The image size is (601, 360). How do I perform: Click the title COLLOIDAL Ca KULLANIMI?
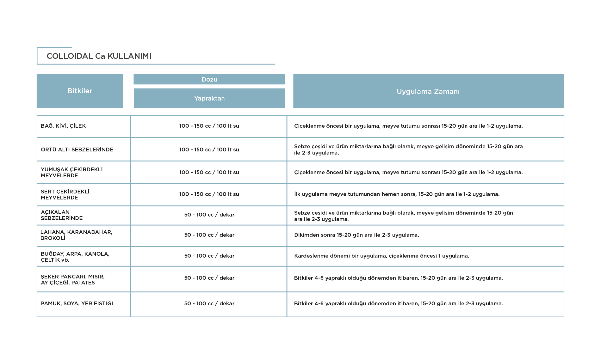(99, 56)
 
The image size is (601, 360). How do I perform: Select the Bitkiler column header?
(80, 91)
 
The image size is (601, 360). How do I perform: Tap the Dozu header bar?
(209, 79)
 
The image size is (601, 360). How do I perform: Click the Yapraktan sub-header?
(209, 98)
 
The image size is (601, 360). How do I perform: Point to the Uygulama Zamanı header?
(428, 91)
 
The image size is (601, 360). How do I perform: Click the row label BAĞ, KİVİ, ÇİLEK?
(63, 126)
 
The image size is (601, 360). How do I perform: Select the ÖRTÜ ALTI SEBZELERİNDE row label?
(77, 149)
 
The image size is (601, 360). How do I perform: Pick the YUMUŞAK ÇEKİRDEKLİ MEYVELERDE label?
(72, 172)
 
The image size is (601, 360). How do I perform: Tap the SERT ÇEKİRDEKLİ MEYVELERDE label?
(65, 194)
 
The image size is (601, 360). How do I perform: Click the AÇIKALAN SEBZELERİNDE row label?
(62, 215)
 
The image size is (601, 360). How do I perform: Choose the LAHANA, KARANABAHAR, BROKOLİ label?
(77, 235)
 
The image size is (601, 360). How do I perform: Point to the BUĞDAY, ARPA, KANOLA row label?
(75, 257)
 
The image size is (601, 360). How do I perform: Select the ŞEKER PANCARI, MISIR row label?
(73, 279)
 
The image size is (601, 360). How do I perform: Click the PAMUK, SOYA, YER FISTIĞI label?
(77, 303)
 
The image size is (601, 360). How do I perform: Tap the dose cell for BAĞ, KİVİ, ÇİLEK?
(209, 126)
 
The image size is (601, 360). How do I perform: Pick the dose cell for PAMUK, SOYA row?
(209, 303)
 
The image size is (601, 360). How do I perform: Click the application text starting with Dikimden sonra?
(356, 235)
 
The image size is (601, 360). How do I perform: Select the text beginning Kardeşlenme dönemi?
(381, 256)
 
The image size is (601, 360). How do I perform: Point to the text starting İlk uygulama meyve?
(397, 194)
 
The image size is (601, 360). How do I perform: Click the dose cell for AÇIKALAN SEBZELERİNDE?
(209, 215)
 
